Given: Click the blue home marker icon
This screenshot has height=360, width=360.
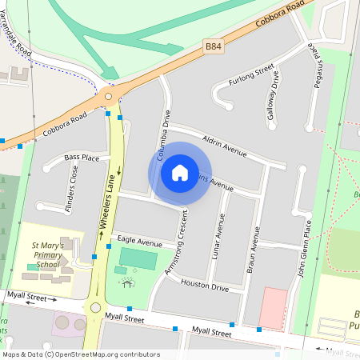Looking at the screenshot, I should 180,172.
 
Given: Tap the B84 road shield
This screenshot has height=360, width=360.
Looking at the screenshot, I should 212,49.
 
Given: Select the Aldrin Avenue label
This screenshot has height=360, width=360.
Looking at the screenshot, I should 225,144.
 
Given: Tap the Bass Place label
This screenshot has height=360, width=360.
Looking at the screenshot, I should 82,158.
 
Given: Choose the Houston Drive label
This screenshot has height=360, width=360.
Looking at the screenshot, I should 205,284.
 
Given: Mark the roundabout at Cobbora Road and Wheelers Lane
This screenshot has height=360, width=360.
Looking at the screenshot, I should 109,97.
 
